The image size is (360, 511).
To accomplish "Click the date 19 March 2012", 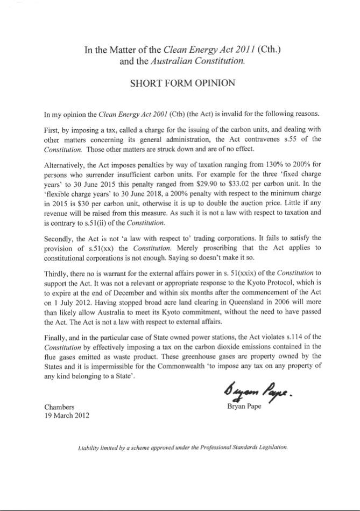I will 68,416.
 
